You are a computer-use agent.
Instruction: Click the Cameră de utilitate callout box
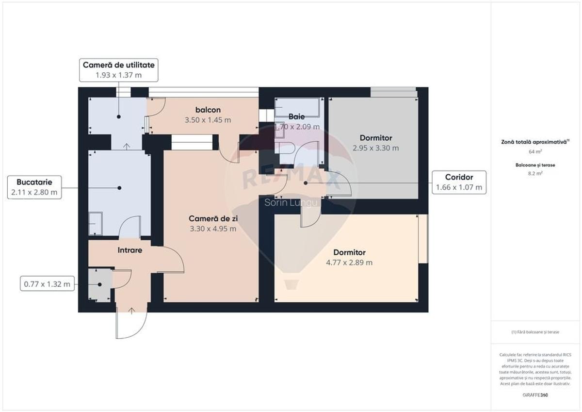click(118, 70)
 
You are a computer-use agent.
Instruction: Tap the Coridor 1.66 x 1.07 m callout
click(458, 182)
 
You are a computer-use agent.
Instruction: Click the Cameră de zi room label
click(212, 219)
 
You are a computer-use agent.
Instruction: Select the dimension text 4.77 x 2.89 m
click(349, 263)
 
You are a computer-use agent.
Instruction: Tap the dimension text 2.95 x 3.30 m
click(376, 148)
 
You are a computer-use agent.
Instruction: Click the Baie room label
click(296, 116)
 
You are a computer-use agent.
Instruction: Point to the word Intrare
click(130, 250)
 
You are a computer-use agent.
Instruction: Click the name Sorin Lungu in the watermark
click(291, 202)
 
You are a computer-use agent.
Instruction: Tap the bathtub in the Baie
click(297, 107)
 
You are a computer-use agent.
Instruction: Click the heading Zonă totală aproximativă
click(535, 142)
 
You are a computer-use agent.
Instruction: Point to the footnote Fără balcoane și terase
click(535, 332)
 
